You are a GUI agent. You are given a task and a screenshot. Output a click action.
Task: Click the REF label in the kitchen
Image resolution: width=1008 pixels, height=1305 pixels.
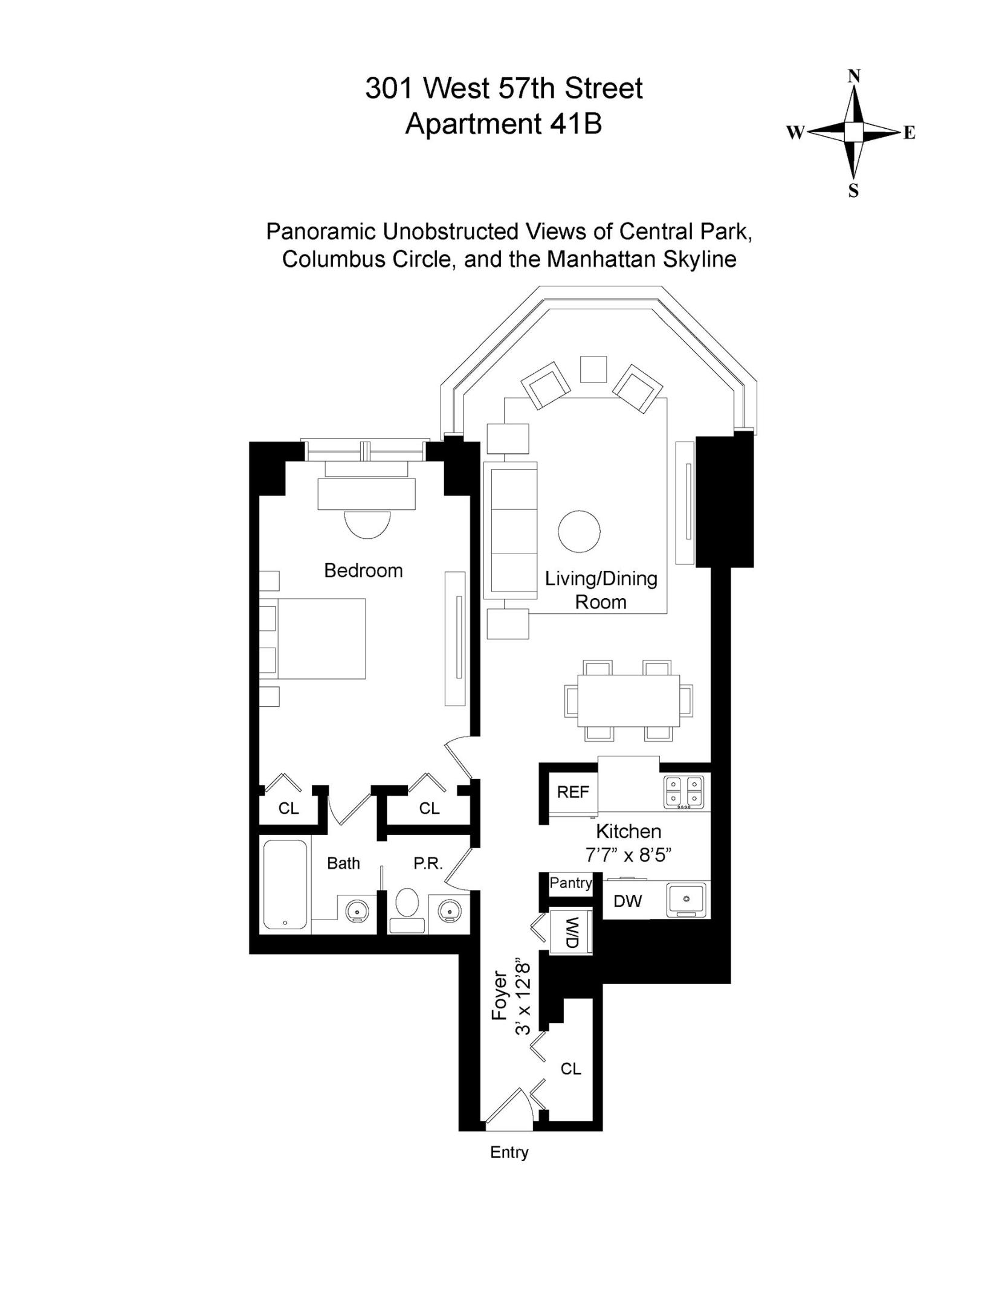coord(572,792)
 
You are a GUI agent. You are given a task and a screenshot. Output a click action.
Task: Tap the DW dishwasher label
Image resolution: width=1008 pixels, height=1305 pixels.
coord(627,901)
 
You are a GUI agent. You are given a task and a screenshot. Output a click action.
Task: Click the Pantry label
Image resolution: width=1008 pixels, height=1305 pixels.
coord(570,883)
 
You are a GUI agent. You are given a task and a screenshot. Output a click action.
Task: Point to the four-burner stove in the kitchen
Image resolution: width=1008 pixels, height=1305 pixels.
coord(683,792)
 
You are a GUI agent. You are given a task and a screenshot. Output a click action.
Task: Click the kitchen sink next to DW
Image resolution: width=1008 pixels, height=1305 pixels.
coord(686,900)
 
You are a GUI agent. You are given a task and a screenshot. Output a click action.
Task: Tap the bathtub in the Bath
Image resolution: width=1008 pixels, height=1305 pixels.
coord(285,884)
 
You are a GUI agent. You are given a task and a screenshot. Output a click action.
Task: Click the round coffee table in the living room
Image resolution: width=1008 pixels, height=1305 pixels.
coord(579,532)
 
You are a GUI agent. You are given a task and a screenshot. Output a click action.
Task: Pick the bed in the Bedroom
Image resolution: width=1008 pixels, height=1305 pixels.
coord(320,639)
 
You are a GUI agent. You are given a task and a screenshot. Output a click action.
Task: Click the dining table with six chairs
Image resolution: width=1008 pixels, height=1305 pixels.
coord(628,701)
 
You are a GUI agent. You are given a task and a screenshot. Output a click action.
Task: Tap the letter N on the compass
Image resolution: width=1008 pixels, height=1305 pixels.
coord(853,76)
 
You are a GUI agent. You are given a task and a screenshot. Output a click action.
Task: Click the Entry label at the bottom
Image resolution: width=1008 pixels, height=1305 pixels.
coord(509,1152)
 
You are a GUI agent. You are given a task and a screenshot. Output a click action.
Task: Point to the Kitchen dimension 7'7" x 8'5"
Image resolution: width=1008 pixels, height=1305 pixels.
coord(628,855)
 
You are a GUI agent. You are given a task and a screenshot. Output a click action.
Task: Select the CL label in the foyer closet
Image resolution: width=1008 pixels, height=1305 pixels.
coord(570,1069)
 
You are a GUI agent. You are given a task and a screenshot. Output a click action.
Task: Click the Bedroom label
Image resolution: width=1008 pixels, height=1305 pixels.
coord(363,570)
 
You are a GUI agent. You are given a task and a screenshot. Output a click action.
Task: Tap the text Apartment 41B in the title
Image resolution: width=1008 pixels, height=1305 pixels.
coord(503,124)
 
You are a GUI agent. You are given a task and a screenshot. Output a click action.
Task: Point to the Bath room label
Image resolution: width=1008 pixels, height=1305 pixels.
coord(343,863)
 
